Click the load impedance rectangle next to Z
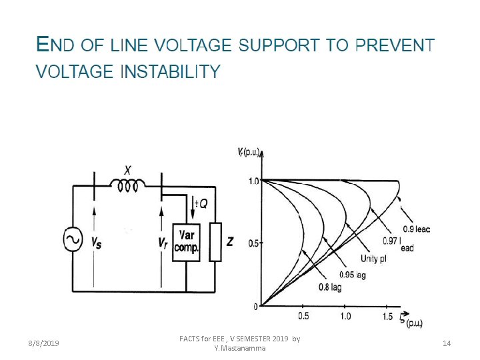tap(215, 241)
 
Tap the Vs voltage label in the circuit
tap(97, 243)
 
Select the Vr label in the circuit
tap(162, 243)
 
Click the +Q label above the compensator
tap(200, 203)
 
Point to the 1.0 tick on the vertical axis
tap(254, 181)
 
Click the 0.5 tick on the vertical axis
tap(254, 243)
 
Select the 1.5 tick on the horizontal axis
tap(388, 316)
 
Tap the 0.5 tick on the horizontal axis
tap(303, 316)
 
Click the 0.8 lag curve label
tap(329, 287)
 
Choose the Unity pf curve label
tap(373, 259)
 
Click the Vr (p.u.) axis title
tap(249, 152)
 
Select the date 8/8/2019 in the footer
tap(43, 343)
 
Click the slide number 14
tap(447, 343)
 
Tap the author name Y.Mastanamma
tap(240, 348)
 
